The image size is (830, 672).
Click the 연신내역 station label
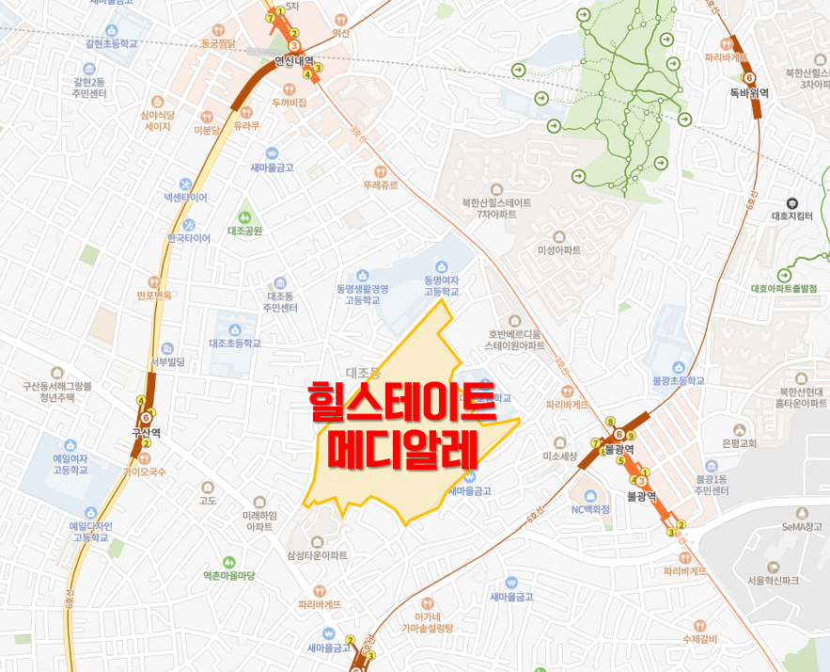pyautogui.click(x=293, y=61)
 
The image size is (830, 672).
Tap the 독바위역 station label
pyautogui.click(x=749, y=92)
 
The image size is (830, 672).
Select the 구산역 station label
pyautogui.click(x=146, y=434)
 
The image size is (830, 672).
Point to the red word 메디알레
pyautogui.click(x=405, y=449)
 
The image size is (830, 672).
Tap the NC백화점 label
pyautogui.click(x=590, y=509)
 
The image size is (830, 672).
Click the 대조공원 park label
pyautogui.click(x=244, y=231)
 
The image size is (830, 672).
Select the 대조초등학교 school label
pyautogui.click(x=234, y=343)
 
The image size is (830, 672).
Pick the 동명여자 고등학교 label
pyautogui.click(x=442, y=285)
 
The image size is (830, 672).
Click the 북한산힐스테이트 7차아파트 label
pyautogui.click(x=496, y=208)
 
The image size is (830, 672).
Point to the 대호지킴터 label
pyautogui.click(x=791, y=216)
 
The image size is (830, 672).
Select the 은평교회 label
pyautogui.click(x=740, y=442)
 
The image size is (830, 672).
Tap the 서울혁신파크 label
pyautogui.click(x=773, y=580)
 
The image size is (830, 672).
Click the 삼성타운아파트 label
pyautogui.click(x=317, y=555)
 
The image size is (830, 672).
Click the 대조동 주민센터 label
pyautogui.click(x=280, y=301)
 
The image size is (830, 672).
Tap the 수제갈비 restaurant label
pyautogui.click(x=699, y=639)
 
